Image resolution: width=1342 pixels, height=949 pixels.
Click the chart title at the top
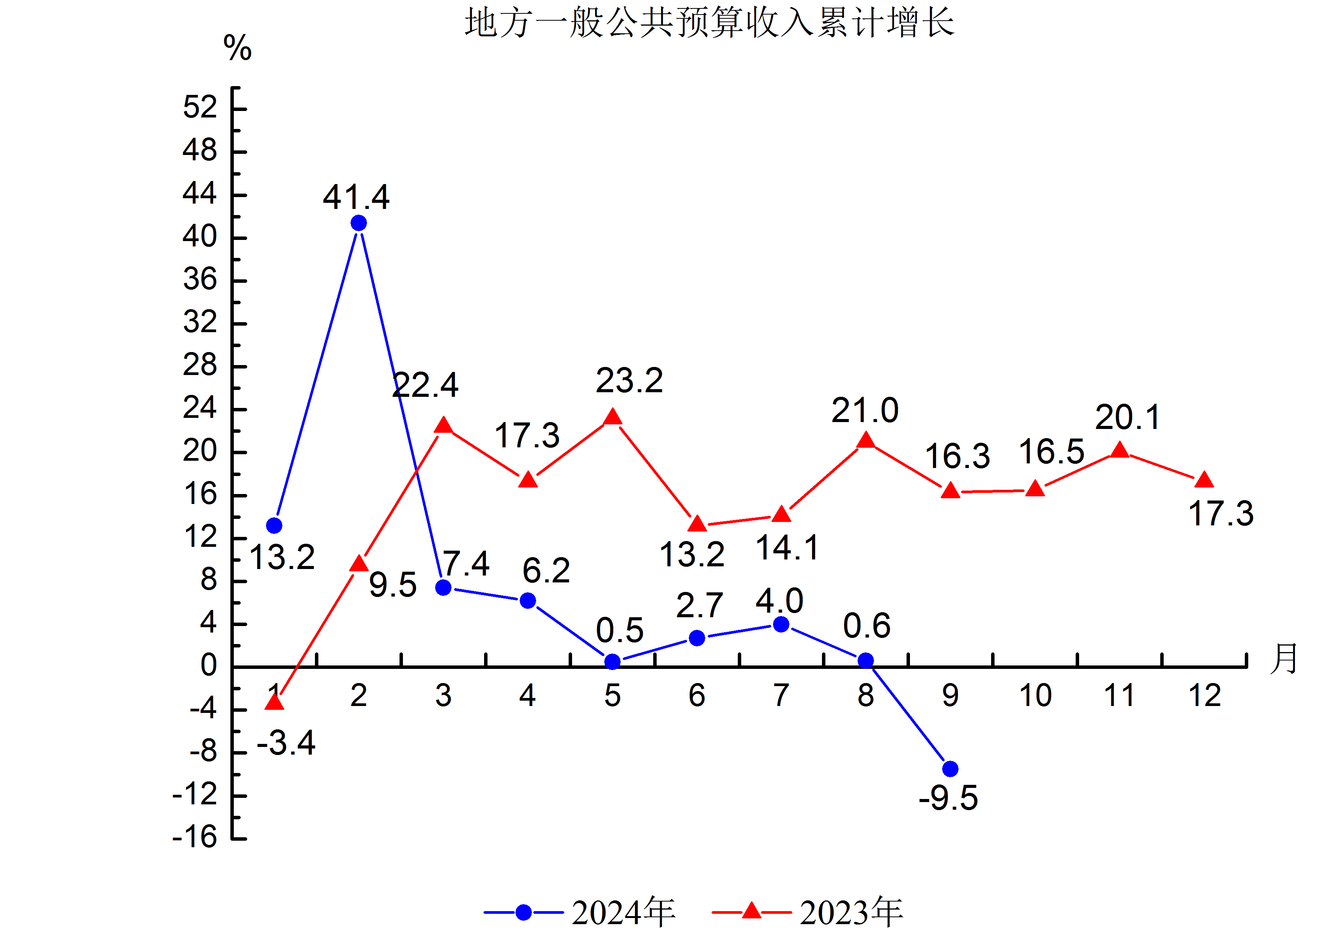coord(709,23)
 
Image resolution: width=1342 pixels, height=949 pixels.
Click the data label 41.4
coord(356,197)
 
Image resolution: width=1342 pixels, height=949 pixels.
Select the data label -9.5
coord(948,798)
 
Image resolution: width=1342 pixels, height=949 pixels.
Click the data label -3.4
coord(286,743)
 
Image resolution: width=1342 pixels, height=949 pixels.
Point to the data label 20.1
coord(1127,417)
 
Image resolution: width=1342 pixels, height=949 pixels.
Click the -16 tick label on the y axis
coord(195,837)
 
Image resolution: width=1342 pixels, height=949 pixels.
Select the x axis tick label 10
coord(1035,695)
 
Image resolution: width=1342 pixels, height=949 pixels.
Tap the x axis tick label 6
coord(697,695)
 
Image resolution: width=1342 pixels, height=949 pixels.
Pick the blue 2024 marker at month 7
coord(781,625)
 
